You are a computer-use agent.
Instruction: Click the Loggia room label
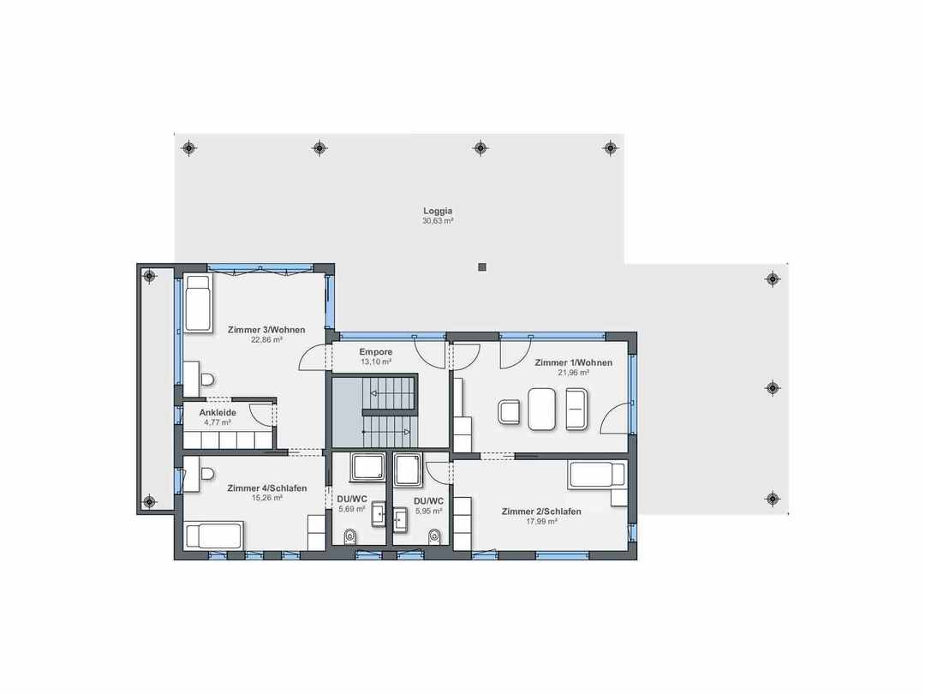[438, 211]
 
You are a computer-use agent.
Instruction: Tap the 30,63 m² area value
[438, 221]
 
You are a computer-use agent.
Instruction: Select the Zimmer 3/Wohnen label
[266, 330]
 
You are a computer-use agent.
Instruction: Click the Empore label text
[376, 352]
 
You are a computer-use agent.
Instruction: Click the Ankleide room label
[218, 412]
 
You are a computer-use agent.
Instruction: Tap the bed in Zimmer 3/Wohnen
[198, 303]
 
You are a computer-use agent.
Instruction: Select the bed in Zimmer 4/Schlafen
[213, 536]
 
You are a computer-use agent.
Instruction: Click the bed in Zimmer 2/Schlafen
[596, 475]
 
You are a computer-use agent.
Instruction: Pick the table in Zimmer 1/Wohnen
[541, 409]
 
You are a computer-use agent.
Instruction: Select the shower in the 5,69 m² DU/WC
[367, 468]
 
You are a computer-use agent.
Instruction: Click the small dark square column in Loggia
[482, 267]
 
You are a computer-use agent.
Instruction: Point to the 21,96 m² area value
[573, 373]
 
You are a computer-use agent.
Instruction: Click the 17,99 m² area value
[541, 522]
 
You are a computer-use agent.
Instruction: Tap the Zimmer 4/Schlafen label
[267, 488]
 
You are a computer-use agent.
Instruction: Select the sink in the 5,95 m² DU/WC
[401, 519]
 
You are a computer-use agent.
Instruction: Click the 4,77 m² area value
[218, 422]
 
